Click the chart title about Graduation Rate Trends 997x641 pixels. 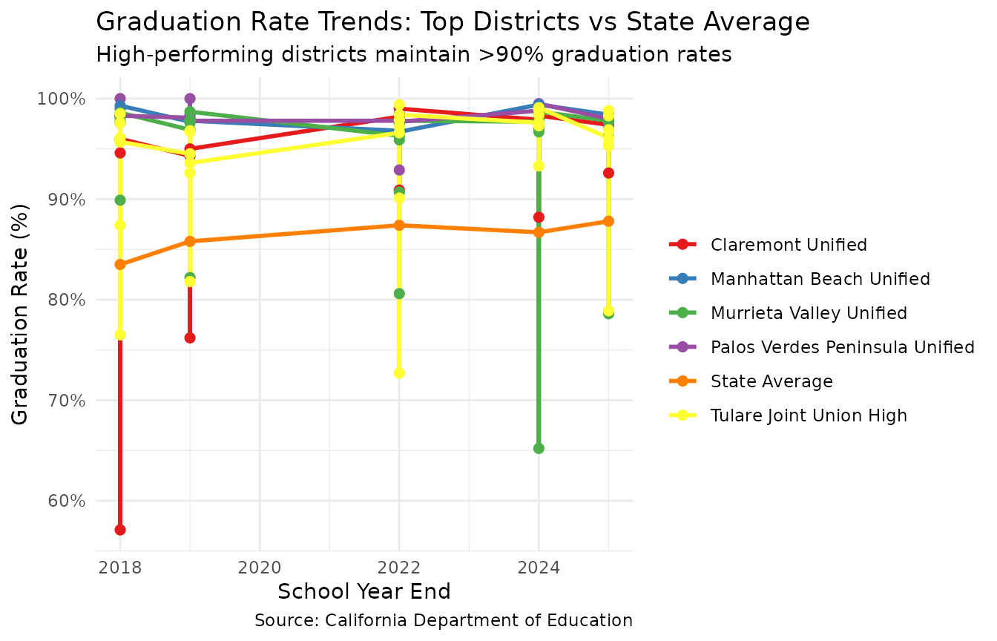click(x=453, y=22)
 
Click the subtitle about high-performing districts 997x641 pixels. click(x=414, y=55)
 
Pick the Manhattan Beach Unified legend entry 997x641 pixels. click(x=820, y=279)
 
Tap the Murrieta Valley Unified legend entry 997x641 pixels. click(x=809, y=313)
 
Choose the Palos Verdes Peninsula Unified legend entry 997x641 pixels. click(x=842, y=347)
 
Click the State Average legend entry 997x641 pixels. click(x=771, y=381)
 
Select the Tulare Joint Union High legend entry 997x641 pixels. click(x=809, y=415)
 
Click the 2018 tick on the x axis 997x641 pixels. click(x=120, y=568)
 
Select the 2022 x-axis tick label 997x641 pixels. click(x=399, y=568)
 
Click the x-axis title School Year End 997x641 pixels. click(x=364, y=592)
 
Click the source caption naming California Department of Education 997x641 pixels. click(x=443, y=620)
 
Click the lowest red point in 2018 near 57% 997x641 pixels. click(x=120, y=530)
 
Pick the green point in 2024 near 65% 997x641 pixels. click(x=539, y=448)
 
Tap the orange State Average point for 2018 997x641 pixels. click(x=120, y=264)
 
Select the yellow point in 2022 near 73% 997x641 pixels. click(x=399, y=372)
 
